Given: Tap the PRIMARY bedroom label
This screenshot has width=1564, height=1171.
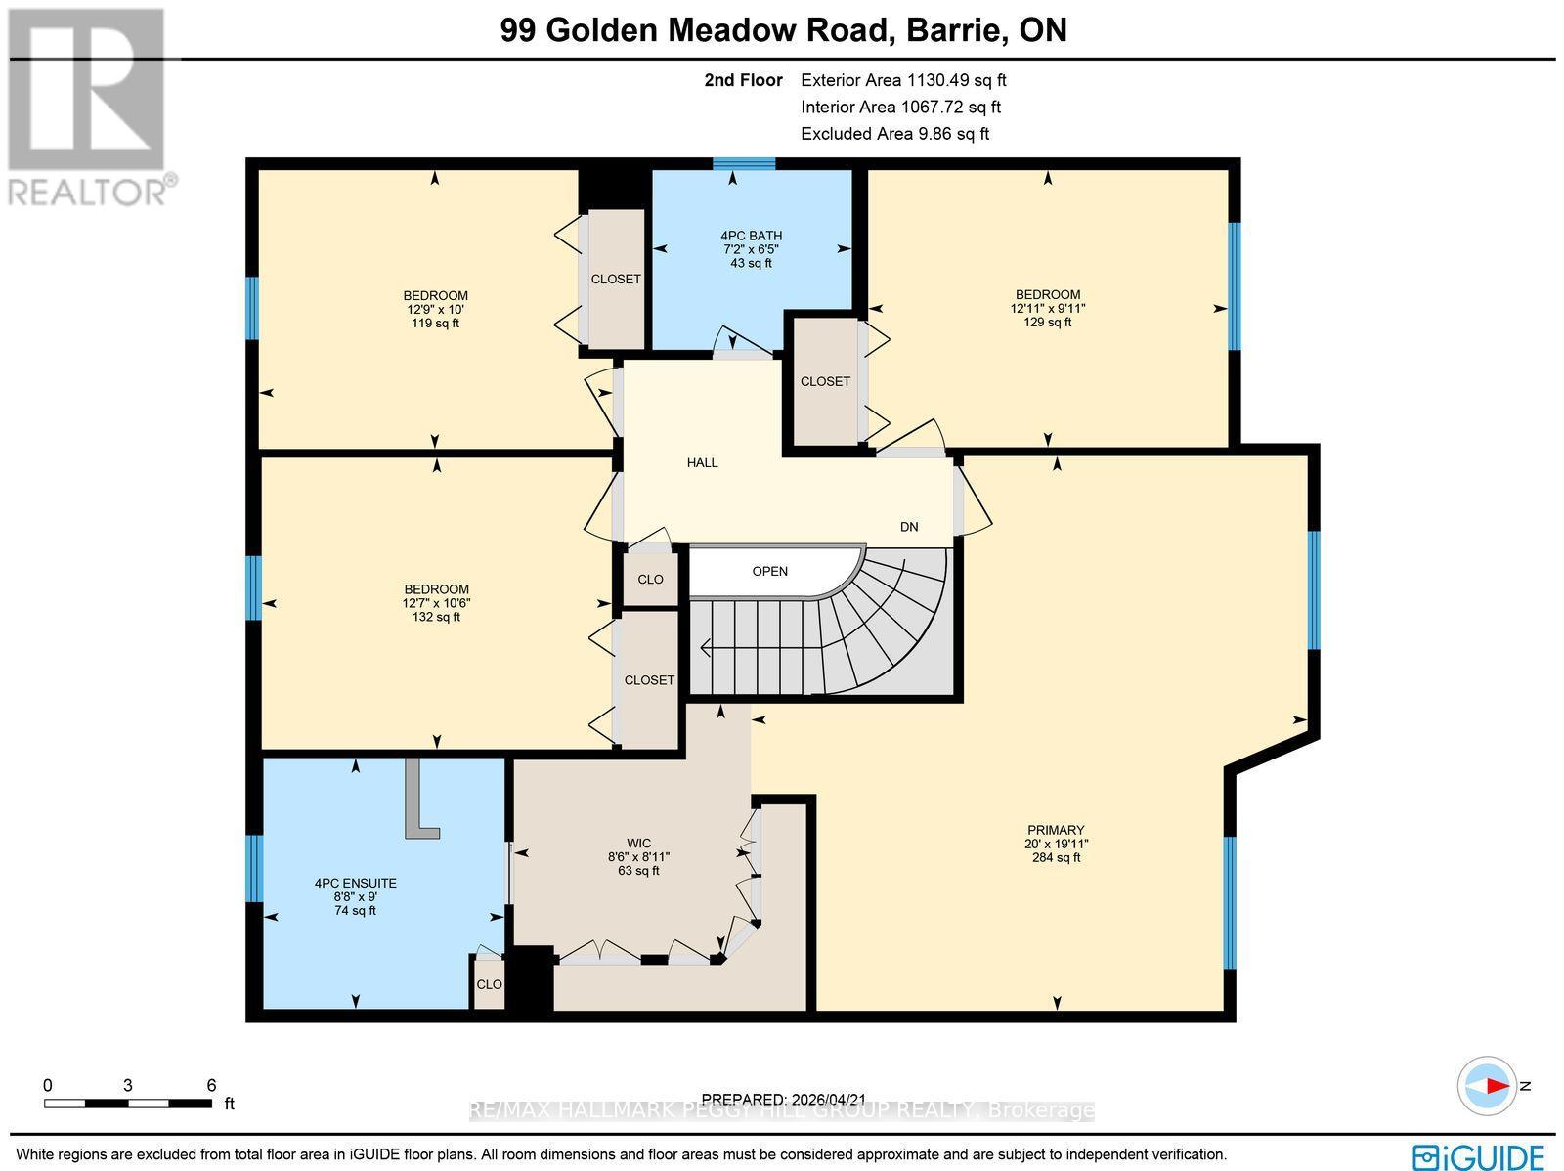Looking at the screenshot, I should [1056, 830].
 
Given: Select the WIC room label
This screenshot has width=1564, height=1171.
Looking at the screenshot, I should [638, 844].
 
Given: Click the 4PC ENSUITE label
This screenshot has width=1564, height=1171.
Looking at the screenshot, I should [355, 883].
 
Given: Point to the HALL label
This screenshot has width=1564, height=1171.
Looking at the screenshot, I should [702, 462].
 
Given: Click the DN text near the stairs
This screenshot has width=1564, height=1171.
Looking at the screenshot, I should [909, 527].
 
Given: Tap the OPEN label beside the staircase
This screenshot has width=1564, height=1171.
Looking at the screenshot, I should [769, 571].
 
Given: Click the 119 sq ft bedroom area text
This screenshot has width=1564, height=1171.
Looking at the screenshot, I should [435, 324].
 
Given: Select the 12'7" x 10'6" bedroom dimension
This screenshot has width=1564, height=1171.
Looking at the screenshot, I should [436, 603].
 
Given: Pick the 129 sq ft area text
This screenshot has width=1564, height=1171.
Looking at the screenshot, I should [1048, 322].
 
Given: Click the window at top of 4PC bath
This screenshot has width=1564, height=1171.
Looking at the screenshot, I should [744, 163].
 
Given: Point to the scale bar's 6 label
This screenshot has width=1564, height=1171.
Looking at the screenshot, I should [211, 1085].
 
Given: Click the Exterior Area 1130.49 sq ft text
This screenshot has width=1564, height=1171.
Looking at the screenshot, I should [903, 81].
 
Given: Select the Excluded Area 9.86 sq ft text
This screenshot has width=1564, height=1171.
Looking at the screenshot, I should [894, 134].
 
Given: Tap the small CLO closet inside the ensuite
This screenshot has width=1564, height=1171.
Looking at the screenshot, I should [489, 984].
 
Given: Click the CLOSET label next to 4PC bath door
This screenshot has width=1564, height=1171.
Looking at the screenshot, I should [825, 381].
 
